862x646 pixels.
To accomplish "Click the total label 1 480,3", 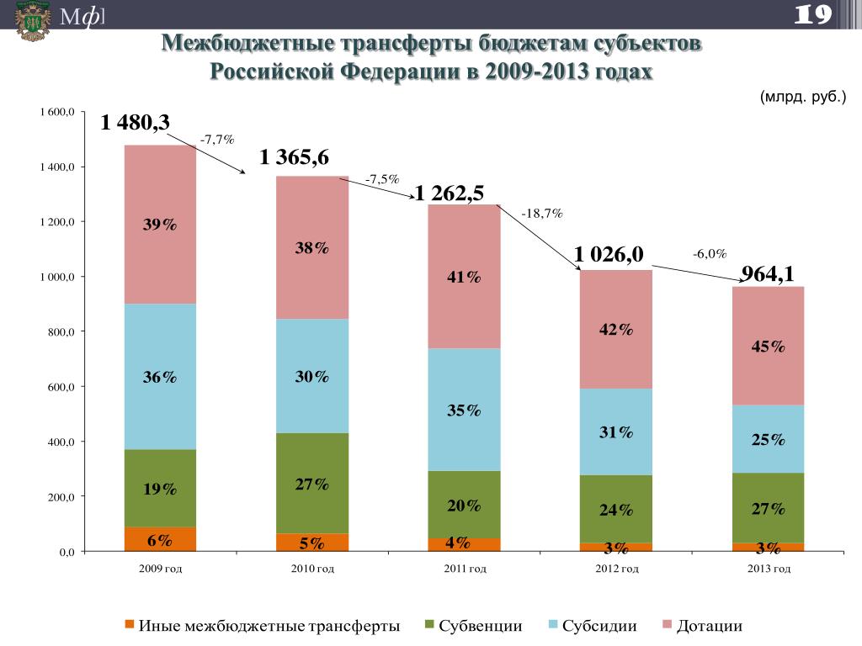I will pyautogui.click(x=136, y=123).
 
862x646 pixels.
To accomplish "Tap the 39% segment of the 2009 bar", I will pyautogui.click(x=160, y=225).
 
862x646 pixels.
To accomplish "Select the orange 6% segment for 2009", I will pyautogui.click(x=160, y=539).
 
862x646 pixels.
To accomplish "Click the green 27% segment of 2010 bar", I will pyautogui.click(x=312, y=484).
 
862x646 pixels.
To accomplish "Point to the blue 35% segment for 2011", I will pyautogui.click(x=464, y=410).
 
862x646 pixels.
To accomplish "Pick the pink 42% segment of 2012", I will pyautogui.click(x=616, y=331).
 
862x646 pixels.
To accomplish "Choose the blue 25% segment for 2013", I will pyautogui.click(x=769, y=439).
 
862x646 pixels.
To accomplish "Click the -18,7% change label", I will pyautogui.click(x=542, y=214).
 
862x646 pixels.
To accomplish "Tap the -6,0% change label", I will pyautogui.click(x=710, y=254).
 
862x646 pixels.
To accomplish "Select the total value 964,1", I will pyautogui.click(x=767, y=274).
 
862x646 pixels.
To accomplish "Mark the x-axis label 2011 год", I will pyautogui.click(x=465, y=569).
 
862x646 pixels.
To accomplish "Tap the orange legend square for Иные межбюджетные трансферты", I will pyautogui.click(x=129, y=624).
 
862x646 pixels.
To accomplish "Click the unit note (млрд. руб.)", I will pyautogui.click(x=802, y=98).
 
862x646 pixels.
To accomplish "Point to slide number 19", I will pyautogui.click(x=813, y=13).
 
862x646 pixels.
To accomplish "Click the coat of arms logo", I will pyautogui.click(x=31, y=21).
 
